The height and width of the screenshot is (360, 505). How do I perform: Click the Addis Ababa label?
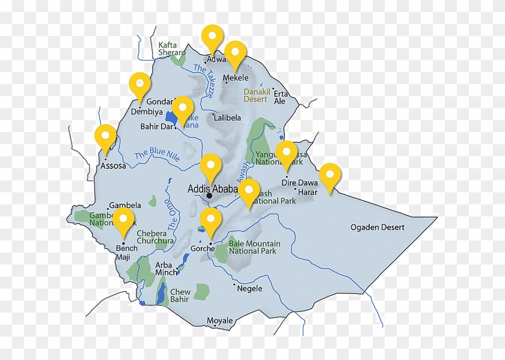point(212,188)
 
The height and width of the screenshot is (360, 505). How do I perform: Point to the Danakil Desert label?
point(256,96)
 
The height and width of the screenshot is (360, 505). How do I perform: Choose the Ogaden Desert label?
point(378,227)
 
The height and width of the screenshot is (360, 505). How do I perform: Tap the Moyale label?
point(219,321)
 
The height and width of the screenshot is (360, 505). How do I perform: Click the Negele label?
point(249,288)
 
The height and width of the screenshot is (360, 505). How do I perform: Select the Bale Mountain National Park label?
point(254,247)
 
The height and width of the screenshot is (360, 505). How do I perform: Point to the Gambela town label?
point(125,205)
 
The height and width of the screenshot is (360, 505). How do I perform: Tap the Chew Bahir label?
point(180,296)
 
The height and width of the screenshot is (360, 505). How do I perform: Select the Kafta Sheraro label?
point(172,49)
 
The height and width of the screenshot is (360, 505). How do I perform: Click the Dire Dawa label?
point(299,183)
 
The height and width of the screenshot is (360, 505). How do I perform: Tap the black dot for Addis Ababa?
point(209,196)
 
